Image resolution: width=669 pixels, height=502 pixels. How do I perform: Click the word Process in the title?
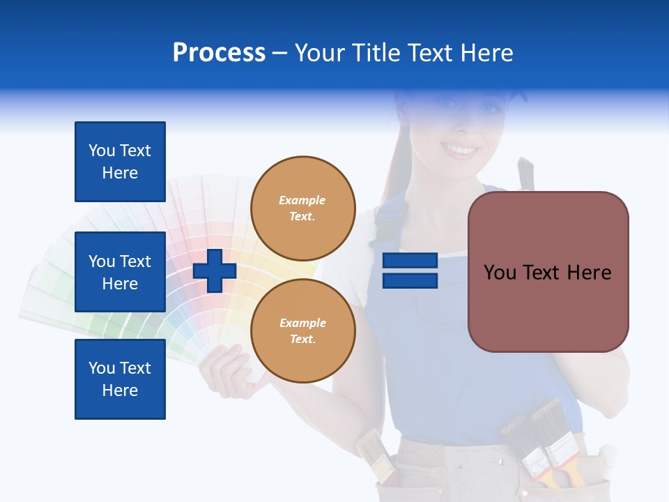coord(219,53)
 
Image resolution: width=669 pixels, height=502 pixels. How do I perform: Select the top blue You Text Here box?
coord(120,162)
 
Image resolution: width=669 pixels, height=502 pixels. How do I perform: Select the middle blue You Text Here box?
coord(120,272)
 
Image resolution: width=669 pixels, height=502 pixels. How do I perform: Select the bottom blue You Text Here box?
coord(120,379)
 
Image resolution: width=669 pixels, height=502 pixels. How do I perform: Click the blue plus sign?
coord(215,271)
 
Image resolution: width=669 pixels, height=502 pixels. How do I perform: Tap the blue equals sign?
coord(410,271)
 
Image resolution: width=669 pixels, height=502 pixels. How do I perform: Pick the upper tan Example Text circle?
coord(302,208)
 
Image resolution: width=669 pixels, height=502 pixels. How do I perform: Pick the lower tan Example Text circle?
coord(302,330)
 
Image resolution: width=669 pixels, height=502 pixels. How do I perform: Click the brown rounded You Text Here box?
coord(548,272)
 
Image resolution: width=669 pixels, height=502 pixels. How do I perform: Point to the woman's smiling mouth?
coord(461,149)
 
